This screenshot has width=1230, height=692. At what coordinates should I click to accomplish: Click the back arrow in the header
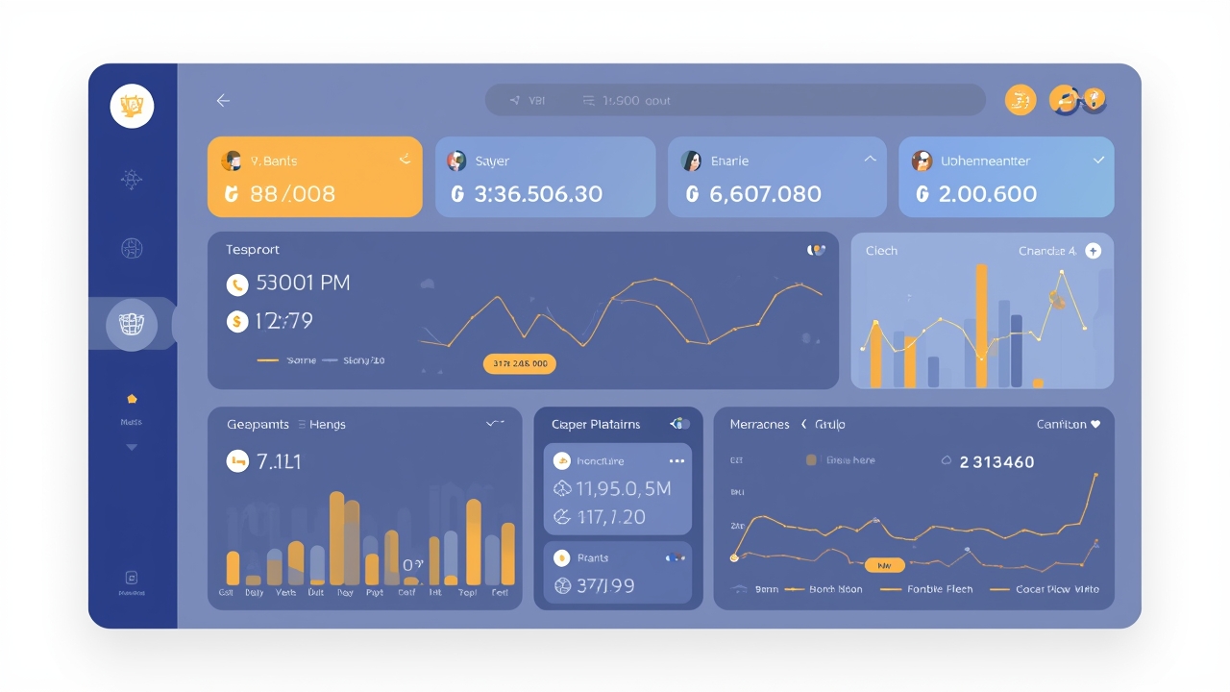(x=223, y=101)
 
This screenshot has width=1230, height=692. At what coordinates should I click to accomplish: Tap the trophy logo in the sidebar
(x=132, y=106)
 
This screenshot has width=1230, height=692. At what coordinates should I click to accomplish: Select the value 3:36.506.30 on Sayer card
(x=538, y=194)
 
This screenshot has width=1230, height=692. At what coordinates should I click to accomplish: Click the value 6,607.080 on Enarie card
(x=765, y=194)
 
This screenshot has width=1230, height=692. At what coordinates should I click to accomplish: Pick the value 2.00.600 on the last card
(x=987, y=194)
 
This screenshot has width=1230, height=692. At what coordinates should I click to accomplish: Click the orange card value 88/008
(x=292, y=194)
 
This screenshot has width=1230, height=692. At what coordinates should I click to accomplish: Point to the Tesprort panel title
(x=253, y=250)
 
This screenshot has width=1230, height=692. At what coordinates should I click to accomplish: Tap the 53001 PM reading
(x=303, y=284)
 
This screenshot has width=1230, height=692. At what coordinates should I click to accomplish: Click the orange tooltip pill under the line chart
(x=519, y=363)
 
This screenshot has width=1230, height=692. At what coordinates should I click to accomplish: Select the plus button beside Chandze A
(x=1093, y=251)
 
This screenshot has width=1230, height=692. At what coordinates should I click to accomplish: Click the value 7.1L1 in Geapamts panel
(x=279, y=462)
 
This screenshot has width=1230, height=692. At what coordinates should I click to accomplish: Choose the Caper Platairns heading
(x=596, y=424)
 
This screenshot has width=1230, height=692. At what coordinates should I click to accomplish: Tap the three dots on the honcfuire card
(x=676, y=461)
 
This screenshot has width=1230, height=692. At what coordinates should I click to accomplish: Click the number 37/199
(x=604, y=585)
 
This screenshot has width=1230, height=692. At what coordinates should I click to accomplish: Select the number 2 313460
(x=997, y=462)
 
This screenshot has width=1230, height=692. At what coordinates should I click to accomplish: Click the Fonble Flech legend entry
(x=939, y=589)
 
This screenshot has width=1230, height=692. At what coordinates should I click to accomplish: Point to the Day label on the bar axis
(x=345, y=593)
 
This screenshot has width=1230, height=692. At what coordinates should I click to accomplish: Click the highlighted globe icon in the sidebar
(x=132, y=324)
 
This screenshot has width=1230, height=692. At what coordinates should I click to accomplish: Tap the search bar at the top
(x=735, y=100)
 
